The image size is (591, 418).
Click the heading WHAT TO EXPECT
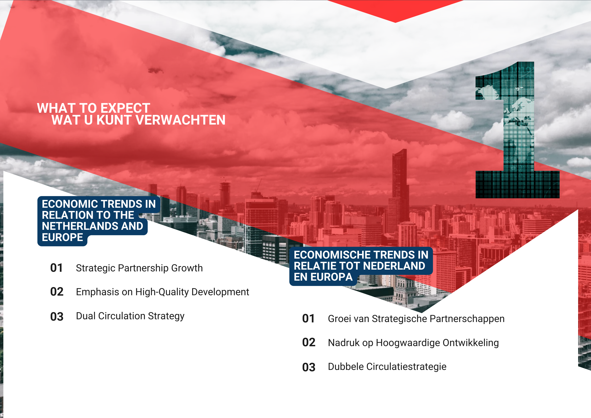tap(94, 108)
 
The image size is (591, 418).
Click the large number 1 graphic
tap(517, 130)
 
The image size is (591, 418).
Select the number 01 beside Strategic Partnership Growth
tap(56, 268)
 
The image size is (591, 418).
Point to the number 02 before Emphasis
tap(57, 292)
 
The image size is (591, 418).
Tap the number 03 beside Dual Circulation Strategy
tap(57, 317)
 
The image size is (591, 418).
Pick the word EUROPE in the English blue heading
tap(62, 237)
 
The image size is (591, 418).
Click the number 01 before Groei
tap(308, 319)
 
